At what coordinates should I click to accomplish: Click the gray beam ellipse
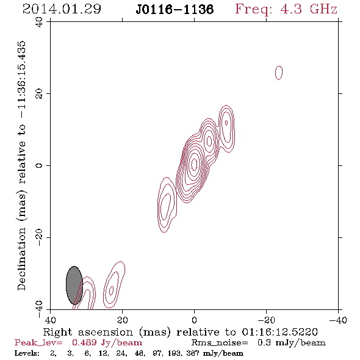(x=74, y=286)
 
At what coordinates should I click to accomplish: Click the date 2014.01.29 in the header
(x=62, y=9)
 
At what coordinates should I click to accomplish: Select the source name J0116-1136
(x=175, y=9)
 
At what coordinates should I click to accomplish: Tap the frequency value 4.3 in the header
(x=291, y=9)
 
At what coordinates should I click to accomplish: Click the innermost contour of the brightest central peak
(x=194, y=164)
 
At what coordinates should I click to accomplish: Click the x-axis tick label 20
(x=122, y=320)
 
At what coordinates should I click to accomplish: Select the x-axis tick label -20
(x=266, y=320)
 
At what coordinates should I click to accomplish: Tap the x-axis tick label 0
(x=194, y=320)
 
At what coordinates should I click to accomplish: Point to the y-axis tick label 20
(x=39, y=94)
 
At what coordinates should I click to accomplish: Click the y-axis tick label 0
(x=39, y=165)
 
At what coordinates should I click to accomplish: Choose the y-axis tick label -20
(x=39, y=237)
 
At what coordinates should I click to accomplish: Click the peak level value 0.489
(x=84, y=342)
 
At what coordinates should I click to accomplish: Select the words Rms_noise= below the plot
(x=220, y=343)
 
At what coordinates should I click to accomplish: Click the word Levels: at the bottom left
(x=27, y=353)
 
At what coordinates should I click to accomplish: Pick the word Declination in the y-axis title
(x=21, y=259)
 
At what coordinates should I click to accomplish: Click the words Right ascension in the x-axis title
(x=88, y=332)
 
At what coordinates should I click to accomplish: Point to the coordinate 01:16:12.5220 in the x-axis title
(x=279, y=332)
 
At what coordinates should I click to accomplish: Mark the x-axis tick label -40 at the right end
(x=338, y=320)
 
